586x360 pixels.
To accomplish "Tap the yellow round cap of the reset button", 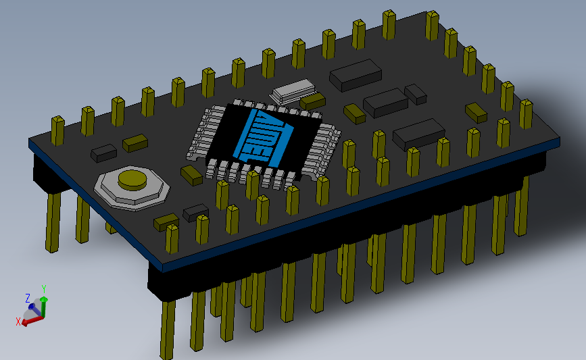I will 132,179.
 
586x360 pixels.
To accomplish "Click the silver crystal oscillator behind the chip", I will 292,91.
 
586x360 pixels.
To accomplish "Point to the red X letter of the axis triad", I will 18,322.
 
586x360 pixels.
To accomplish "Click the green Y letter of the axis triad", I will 44,288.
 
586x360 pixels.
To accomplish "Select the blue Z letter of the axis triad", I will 28,298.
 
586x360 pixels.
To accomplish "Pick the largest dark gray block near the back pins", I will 355,74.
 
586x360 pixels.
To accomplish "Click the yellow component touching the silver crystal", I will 312,102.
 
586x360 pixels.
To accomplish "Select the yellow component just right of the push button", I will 191,175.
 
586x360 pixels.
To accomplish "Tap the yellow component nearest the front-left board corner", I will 166,221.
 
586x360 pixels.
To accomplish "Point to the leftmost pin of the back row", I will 57,129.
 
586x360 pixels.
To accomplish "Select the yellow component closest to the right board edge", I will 476,111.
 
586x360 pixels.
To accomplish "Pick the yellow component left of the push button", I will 135,143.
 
